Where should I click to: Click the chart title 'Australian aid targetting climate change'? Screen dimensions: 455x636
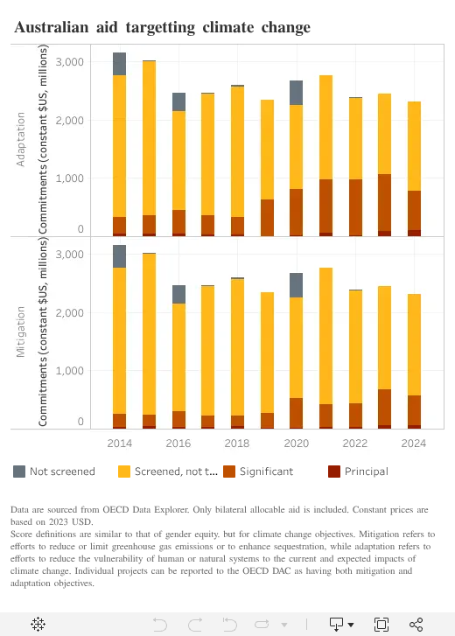(x=162, y=28)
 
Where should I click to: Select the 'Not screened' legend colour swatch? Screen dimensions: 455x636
(x=19, y=472)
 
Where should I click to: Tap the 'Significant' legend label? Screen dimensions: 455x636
(x=266, y=472)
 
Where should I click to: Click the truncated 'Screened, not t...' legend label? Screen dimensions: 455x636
(x=176, y=472)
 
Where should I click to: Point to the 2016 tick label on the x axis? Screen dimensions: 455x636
(x=178, y=444)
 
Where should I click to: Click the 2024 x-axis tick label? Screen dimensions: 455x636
(x=414, y=444)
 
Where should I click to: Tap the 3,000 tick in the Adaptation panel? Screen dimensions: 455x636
(x=70, y=62)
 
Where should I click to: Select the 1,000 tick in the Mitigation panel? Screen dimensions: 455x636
(x=70, y=371)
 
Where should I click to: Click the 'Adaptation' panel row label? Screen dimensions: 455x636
(x=20, y=139)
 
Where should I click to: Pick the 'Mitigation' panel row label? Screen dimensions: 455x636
(x=20, y=332)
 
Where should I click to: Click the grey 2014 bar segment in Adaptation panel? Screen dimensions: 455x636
(x=119, y=64)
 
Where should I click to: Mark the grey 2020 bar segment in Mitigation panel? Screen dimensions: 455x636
(x=296, y=285)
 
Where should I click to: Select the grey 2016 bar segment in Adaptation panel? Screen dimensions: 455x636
(x=178, y=101)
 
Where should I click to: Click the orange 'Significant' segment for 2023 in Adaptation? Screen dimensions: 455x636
(x=384, y=203)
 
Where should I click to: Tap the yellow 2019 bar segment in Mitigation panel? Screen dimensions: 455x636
(x=267, y=353)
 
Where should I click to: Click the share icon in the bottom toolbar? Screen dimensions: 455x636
(x=416, y=625)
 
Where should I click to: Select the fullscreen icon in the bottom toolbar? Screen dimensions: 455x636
(x=381, y=625)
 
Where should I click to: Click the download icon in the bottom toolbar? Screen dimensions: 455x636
(x=337, y=625)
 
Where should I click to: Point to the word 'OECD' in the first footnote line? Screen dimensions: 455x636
(x=116, y=509)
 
